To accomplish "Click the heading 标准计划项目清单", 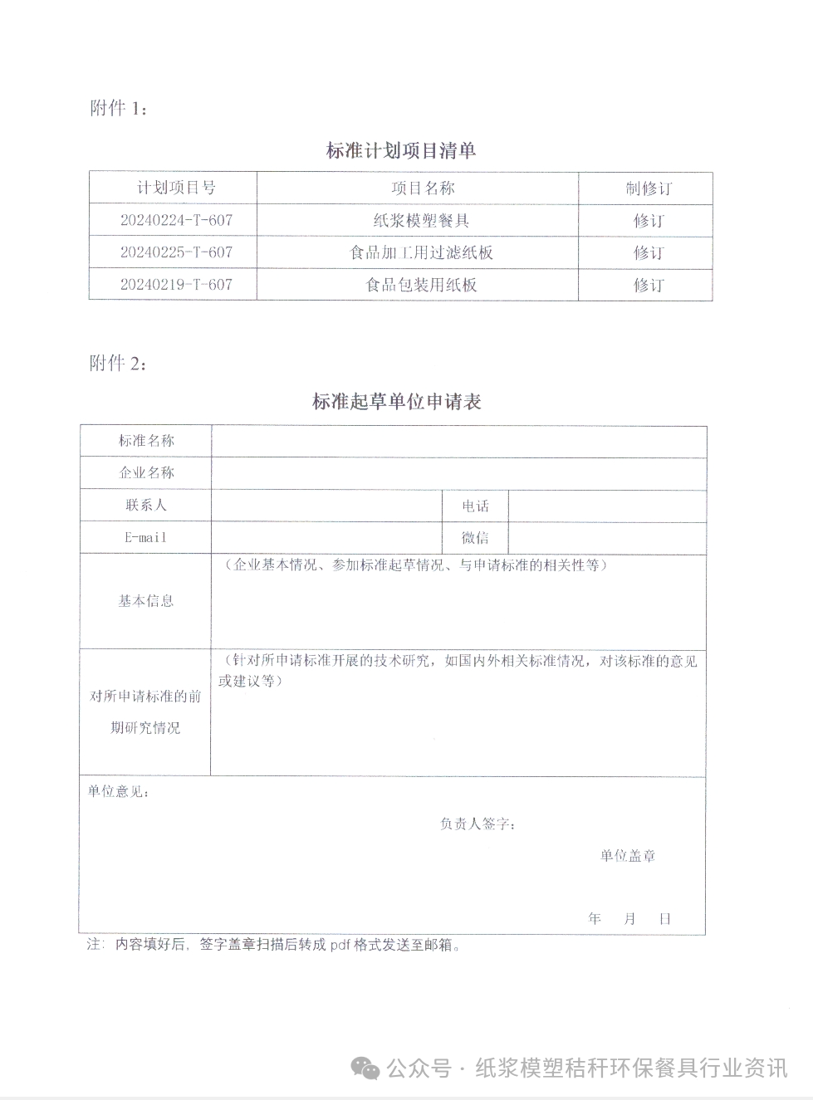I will pos(401,150).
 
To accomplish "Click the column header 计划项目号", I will pos(176,188).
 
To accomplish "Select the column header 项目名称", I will pos(423,188).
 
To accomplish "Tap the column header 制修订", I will pos(649,188).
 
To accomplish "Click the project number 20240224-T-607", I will pos(176,220).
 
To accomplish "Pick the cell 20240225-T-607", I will pos(176,252).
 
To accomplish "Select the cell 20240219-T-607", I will pos(176,285).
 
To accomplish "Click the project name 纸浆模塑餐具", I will pos(421,220).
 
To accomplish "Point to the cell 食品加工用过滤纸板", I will pos(421,252).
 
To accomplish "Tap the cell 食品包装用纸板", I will pos(421,285).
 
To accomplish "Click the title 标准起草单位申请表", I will pos(397,402).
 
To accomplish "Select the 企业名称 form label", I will pos(146,472).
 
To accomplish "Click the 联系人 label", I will pos(146,505).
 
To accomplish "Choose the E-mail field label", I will pos(145,537).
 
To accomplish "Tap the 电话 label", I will pos(476,506).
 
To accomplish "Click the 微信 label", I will pos(475,538).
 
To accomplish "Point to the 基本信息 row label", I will pos(146,601).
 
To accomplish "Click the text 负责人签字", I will pos(477,824).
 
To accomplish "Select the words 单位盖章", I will pos(628,856).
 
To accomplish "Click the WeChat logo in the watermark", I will pos(365,1068).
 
